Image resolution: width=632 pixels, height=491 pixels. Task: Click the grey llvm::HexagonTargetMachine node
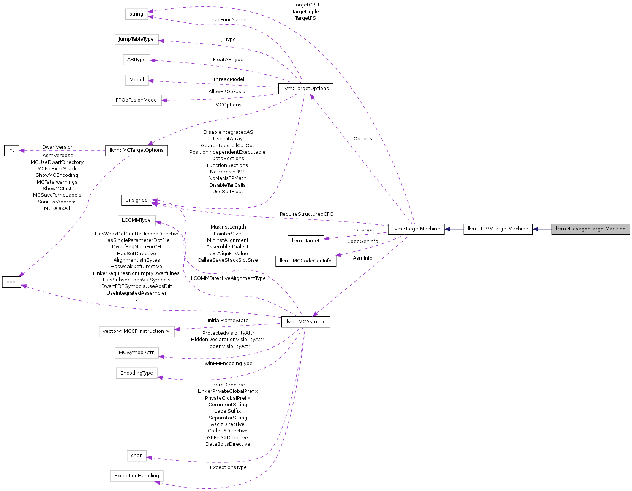591,229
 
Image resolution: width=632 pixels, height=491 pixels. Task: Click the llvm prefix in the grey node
561,229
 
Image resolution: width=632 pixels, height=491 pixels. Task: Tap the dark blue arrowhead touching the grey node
536,229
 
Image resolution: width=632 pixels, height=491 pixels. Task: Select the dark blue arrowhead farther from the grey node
447,229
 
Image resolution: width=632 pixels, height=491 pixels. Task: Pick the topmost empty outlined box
137,14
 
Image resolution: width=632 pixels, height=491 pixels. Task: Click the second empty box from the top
137,40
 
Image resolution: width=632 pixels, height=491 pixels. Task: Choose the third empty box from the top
137,60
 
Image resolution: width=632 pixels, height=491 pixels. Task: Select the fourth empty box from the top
137,80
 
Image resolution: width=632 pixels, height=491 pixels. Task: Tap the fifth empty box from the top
137,100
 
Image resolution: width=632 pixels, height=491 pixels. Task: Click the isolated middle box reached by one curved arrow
137,221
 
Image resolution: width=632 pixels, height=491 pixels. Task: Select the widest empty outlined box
137,332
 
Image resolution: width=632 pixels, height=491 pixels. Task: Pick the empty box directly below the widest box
137,353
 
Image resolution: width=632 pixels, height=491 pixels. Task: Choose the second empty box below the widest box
137,373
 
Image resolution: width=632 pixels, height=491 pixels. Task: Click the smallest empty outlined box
137,456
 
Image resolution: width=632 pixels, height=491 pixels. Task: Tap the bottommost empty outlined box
137,476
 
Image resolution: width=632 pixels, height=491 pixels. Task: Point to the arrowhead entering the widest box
177,329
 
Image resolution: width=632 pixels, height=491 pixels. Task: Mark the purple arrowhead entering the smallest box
149,458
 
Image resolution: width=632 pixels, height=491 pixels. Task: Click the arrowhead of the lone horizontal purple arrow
22,151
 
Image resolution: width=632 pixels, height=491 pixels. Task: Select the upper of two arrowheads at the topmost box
151,11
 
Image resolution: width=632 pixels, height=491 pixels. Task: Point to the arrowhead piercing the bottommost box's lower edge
158,482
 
